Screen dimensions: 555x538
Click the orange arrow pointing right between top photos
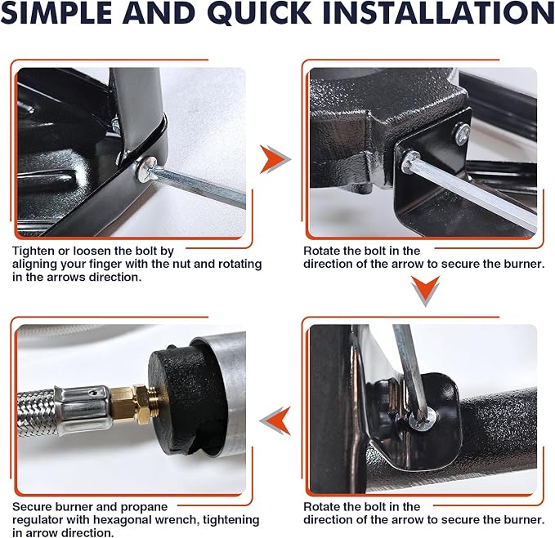click(275, 159)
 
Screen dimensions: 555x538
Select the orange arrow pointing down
click(426, 291)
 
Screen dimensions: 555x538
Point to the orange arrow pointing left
click(275, 420)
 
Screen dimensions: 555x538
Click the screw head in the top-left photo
click(145, 169)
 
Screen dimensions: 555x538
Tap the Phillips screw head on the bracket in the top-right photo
click(462, 133)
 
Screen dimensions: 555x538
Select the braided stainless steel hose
click(37, 412)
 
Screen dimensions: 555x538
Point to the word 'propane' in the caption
click(144, 508)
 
